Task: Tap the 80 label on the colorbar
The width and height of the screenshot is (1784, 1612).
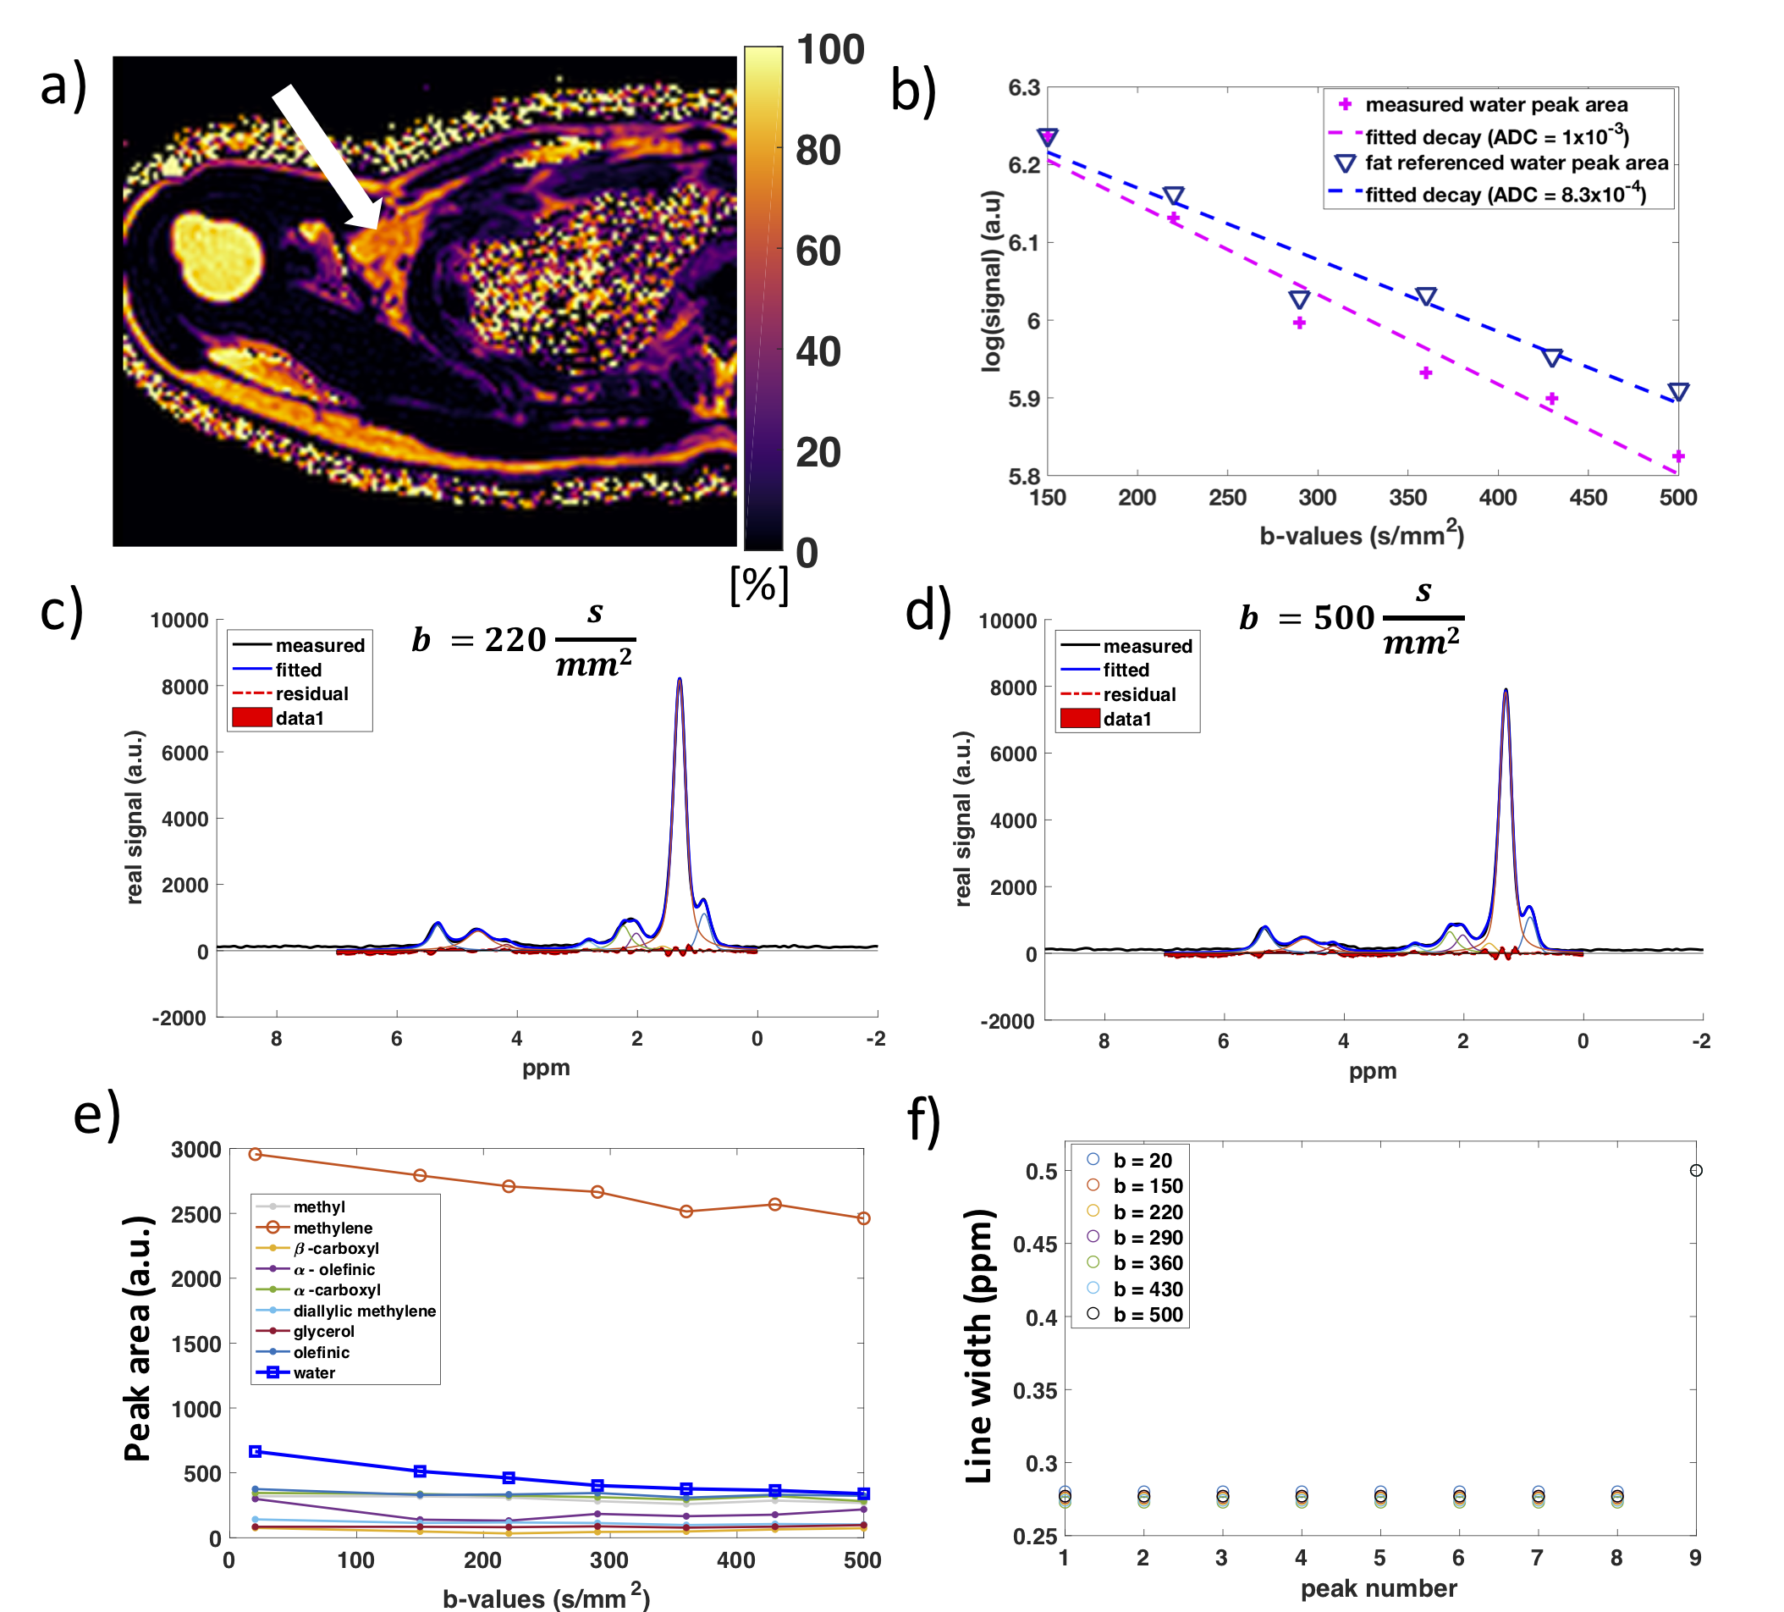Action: (x=818, y=151)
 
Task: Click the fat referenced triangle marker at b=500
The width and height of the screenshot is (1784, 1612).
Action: (x=1678, y=392)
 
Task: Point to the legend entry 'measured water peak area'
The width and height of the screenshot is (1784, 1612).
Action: (x=1495, y=104)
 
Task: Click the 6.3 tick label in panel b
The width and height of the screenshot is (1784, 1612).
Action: (x=1024, y=88)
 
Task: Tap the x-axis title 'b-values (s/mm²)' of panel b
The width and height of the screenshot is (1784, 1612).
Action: (x=1362, y=536)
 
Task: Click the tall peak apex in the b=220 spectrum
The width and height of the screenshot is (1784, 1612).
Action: (x=680, y=680)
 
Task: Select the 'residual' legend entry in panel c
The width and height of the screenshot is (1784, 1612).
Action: (x=311, y=693)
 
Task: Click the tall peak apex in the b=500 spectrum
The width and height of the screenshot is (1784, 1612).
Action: (x=1506, y=691)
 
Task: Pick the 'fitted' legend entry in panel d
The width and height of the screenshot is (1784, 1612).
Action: (x=1126, y=671)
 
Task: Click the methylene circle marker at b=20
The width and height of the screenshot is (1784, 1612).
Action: (x=255, y=1154)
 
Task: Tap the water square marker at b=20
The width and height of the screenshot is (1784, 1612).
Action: (x=255, y=1452)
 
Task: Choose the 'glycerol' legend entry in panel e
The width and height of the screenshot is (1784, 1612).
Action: (x=324, y=1332)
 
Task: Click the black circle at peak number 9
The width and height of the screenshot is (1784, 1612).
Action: (x=1695, y=1170)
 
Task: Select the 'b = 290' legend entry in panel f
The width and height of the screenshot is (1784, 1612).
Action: (x=1148, y=1238)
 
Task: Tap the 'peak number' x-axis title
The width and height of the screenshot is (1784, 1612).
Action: (x=1379, y=1588)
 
